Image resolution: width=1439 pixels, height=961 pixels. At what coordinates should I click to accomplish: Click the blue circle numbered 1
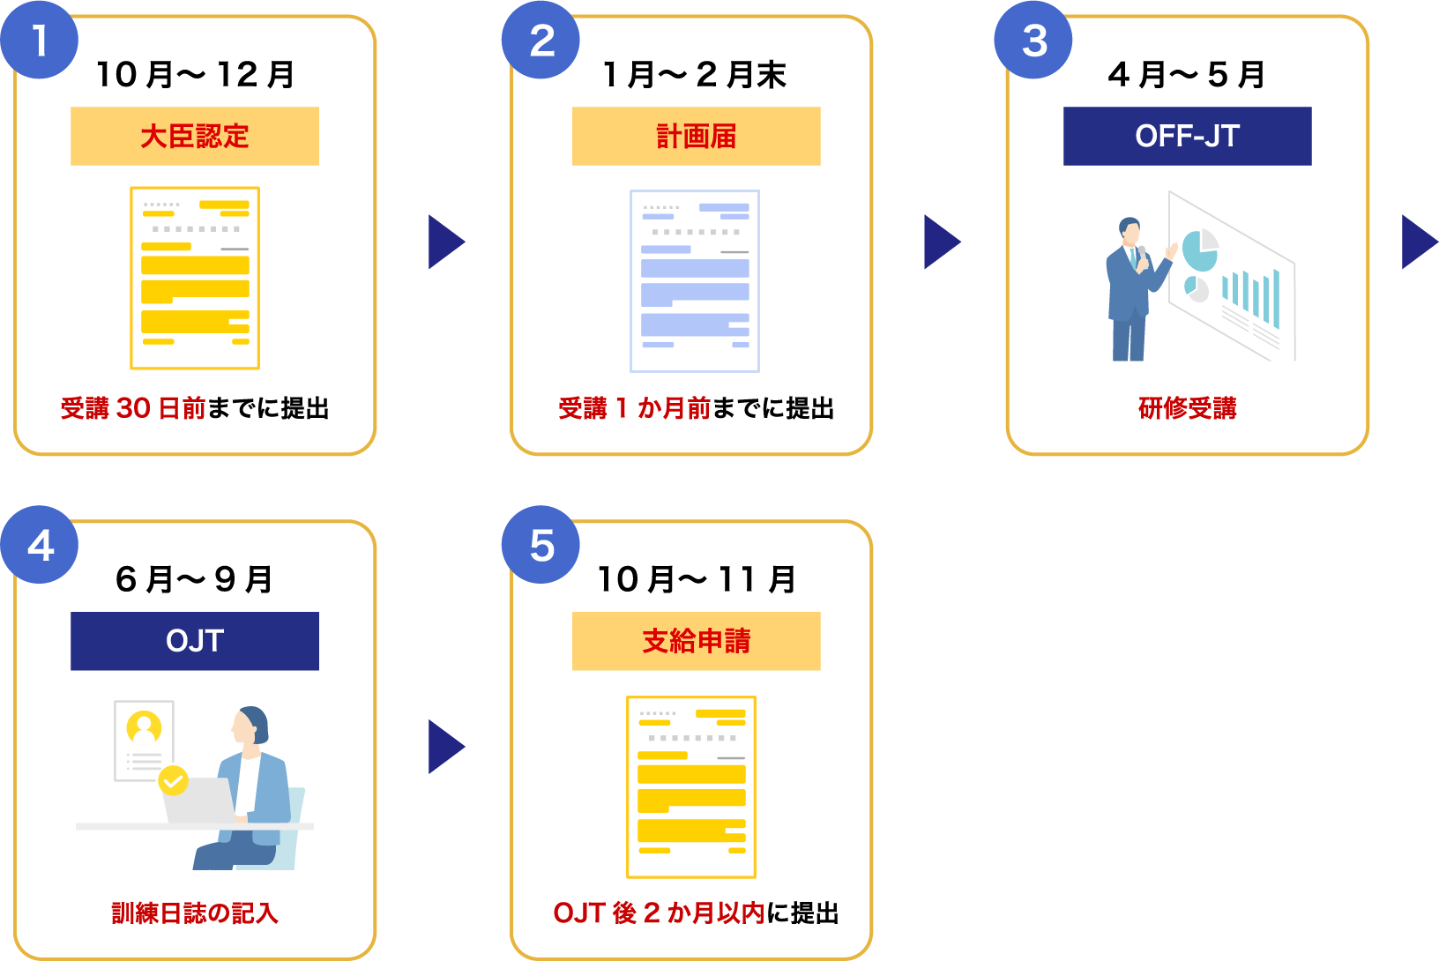pos(40,41)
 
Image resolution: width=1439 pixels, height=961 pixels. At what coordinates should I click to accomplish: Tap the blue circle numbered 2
pos(541,41)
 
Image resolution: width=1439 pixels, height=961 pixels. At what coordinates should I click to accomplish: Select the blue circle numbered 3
pos(1033,41)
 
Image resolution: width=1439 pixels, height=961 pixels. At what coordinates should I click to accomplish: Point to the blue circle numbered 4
pos(40,545)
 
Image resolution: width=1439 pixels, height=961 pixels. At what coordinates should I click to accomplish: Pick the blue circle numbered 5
pos(541,545)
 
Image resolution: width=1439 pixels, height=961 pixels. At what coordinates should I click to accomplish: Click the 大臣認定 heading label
pos(195,137)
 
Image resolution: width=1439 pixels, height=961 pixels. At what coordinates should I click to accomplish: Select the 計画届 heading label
pos(696,137)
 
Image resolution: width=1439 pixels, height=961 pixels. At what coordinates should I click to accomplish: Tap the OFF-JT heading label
pos(1187,137)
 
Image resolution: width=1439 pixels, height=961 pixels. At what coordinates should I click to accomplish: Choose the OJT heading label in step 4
pos(195,641)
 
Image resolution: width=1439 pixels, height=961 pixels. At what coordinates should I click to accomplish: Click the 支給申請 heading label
pos(696,641)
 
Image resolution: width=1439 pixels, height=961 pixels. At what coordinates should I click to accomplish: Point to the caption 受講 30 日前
pos(133,408)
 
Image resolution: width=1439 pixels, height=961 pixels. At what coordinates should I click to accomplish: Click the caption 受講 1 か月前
pos(634,408)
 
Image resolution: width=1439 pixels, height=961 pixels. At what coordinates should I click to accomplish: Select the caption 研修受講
pos(1187,408)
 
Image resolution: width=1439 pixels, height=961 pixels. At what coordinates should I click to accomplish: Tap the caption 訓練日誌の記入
pos(195,913)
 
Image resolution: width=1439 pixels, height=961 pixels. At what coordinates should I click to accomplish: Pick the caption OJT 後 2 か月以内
pos(659,913)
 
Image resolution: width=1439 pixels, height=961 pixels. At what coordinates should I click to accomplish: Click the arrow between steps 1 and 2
pos(445,242)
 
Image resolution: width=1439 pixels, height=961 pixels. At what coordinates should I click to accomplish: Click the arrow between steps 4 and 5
pos(445,747)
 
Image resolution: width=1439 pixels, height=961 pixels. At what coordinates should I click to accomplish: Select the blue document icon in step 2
pos(695,280)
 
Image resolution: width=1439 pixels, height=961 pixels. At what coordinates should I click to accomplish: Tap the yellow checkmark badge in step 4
pos(174,780)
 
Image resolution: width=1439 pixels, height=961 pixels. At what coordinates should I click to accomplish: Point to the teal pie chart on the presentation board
pos(1198,251)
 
